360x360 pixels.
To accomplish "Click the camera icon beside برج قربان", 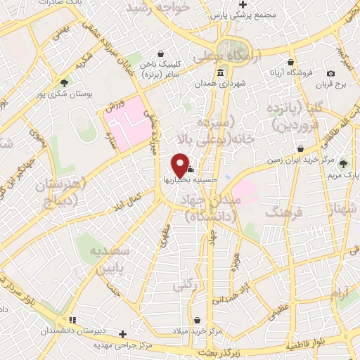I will pyautogui.click(x=330, y=74).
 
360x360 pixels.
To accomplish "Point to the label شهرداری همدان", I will pyautogui.click(x=244, y=84).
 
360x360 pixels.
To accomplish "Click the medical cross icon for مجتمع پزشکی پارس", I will pyautogui.click(x=240, y=5).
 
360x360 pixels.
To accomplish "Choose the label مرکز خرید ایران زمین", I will pyautogui.click(x=269, y=160).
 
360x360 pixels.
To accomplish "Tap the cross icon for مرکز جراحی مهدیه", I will pyautogui.click(x=123, y=334).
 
